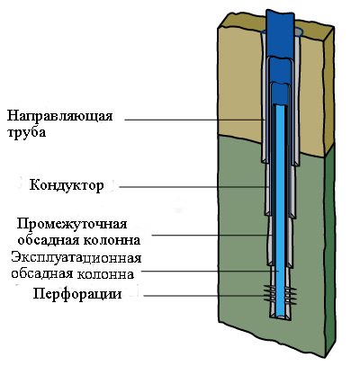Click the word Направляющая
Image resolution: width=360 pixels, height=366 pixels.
pyautogui.click(x=60, y=116)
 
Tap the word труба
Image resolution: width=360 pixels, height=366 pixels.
pyautogui.click(x=26, y=132)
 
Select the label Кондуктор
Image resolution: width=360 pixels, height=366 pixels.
pyautogui.click(x=67, y=185)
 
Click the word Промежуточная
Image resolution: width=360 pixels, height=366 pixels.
pyautogui.click(x=72, y=224)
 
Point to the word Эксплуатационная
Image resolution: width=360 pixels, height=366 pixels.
pyautogui.click(x=76, y=257)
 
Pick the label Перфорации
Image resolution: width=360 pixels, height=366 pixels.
pyautogui.click(x=77, y=294)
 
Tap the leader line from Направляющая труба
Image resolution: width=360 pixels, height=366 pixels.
pyautogui.click(x=194, y=120)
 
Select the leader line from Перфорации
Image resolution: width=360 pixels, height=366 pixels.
pyautogui.click(x=205, y=296)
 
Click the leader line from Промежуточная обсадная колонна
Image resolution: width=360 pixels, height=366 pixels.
pyautogui.click(x=211, y=236)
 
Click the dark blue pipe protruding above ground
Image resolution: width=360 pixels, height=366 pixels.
pyautogui.click(x=280, y=33)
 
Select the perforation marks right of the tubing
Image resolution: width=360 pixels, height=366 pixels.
pyautogui.click(x=290, y=295)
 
